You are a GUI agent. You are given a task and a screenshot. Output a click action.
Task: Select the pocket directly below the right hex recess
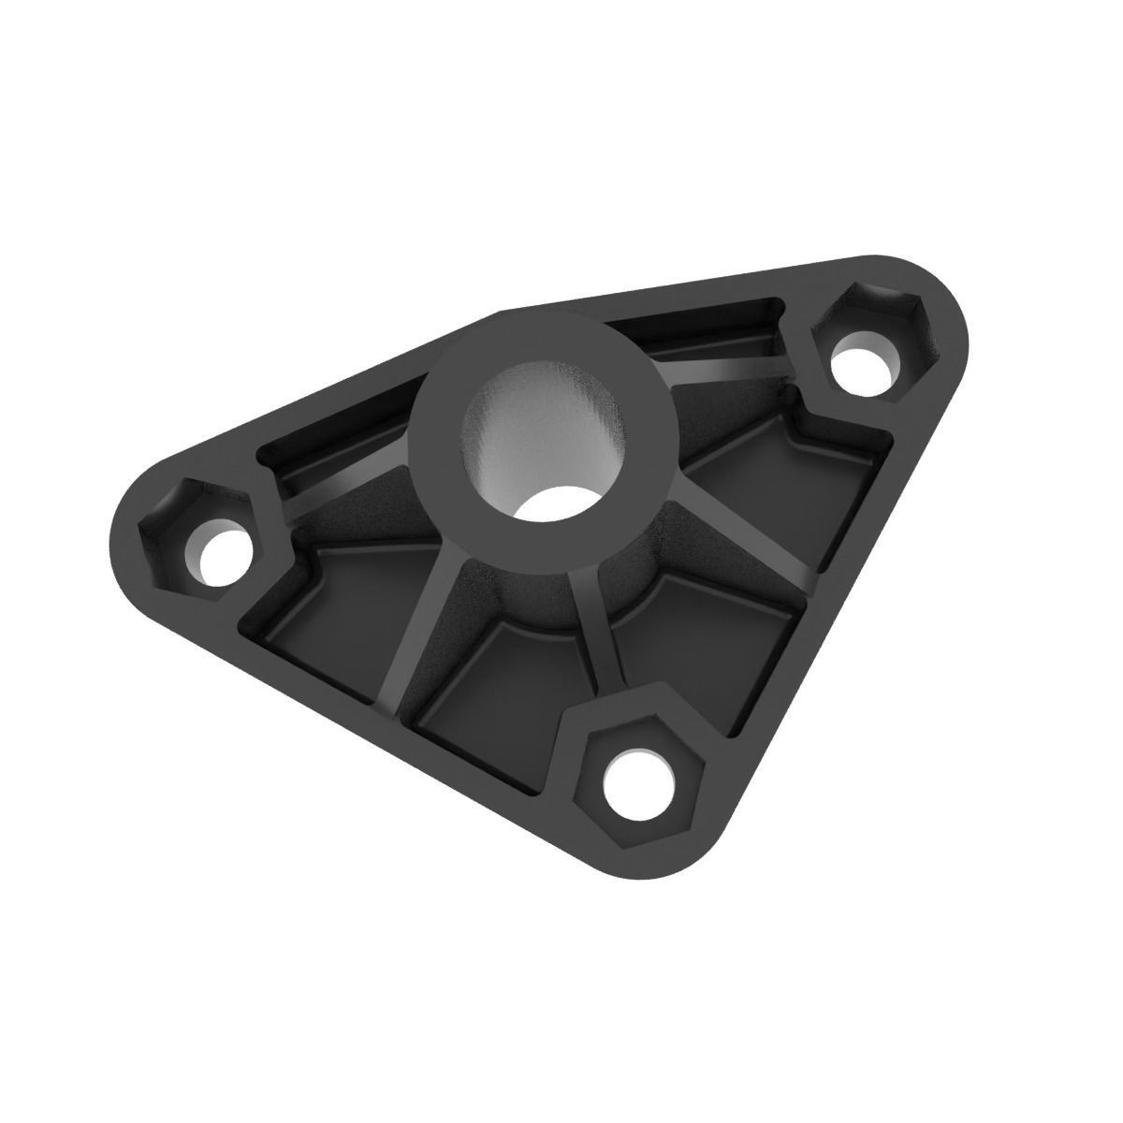795,487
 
